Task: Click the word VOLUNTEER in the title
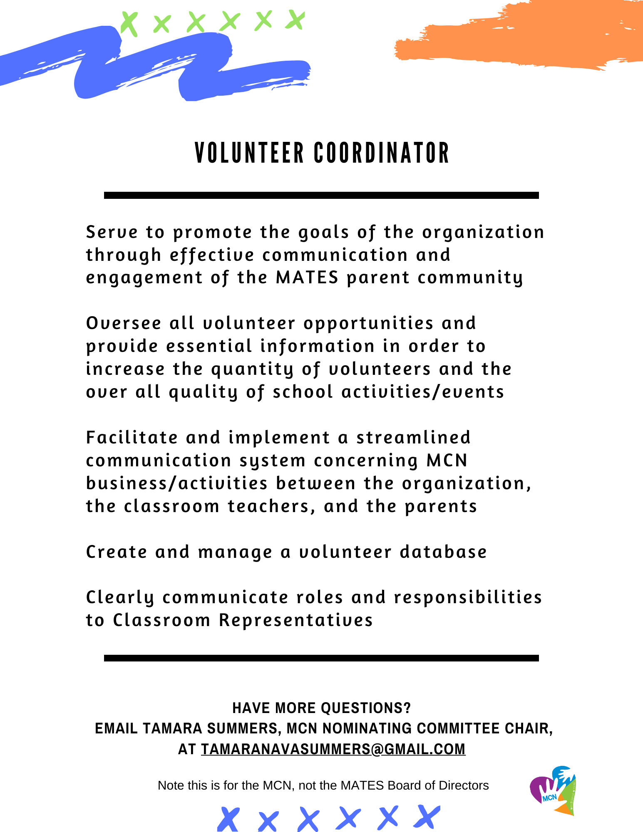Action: pos(249,153)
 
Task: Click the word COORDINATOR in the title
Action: pos(381,153)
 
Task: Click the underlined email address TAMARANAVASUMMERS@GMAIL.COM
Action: pos(333,749)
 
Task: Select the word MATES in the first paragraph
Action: pos(307,277)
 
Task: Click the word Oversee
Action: pos(124,323)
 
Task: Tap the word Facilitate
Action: pos(132,438)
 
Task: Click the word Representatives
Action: pos(296,620)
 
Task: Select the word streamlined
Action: pos(413,438)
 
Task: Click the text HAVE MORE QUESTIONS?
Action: pos(321,708)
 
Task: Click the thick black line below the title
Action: pos(321,195)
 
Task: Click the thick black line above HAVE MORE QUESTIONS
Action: pos(321,658)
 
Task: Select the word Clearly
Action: pos(120,598)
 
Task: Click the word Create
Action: pos(117,552)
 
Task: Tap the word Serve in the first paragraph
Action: pos(112,232)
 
